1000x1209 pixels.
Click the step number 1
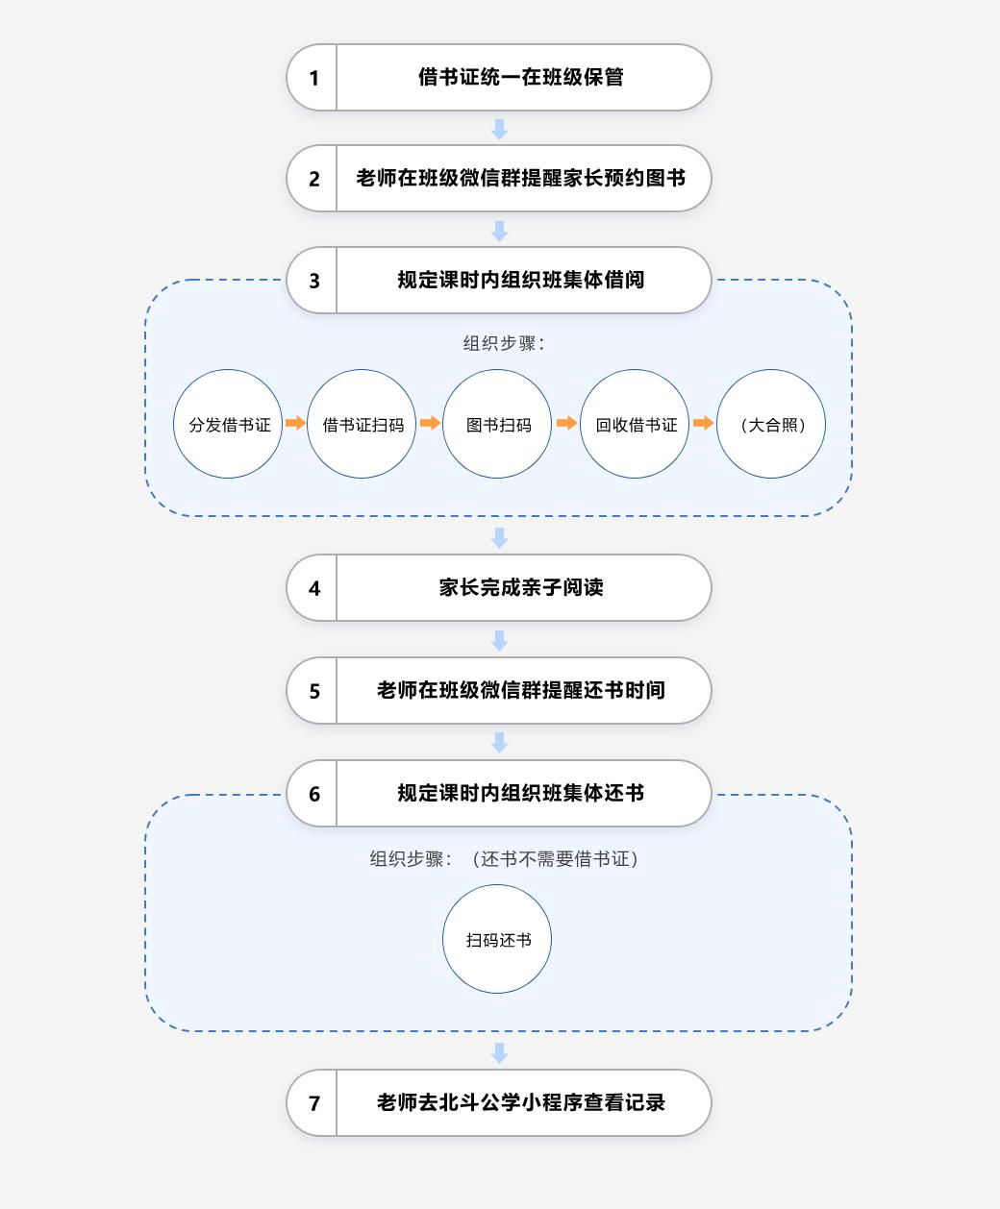click(314, 78)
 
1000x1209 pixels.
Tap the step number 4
click(314, 588)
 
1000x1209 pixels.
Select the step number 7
click(314, 1103)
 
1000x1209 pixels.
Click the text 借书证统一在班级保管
click(521, 77)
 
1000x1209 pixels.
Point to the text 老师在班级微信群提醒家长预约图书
click(521, 178)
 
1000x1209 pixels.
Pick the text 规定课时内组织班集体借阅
click(521, 280)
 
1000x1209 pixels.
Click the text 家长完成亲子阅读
click(521, 587)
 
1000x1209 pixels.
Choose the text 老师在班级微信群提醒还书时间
click(521, 690)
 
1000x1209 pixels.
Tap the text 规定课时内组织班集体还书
click(521, 793)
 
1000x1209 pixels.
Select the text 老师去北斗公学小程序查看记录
click(521, 1102)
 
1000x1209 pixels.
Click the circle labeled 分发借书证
click(228, 424)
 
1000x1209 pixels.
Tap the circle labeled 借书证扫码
click(362, 424)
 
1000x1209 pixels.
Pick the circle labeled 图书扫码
click(497, 424)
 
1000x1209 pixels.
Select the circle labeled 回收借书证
click(635, 424)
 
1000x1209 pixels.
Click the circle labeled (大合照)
click(771, 424)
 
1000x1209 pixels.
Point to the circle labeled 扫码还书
click(497, 939)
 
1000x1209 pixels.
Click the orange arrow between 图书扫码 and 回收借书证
click(566, 423)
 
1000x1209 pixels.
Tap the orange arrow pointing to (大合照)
click(703, 423)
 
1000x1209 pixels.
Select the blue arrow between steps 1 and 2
click(499, 129)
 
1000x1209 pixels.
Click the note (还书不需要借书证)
click(555, 858)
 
